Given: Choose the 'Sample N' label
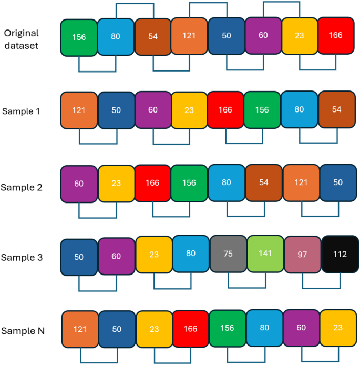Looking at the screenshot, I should tap(23, 331).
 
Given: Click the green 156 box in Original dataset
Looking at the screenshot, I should tap(79, 37).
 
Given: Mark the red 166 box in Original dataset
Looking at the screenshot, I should tap(335, 35).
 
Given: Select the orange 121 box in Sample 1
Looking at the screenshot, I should tap(79, 110).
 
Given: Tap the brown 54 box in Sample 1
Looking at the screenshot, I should tap(336, 110).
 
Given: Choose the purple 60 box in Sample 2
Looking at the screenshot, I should tap(79, 184).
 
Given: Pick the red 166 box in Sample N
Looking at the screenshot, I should tap(191, 329).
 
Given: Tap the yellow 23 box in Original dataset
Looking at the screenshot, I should tap(300, 36).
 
